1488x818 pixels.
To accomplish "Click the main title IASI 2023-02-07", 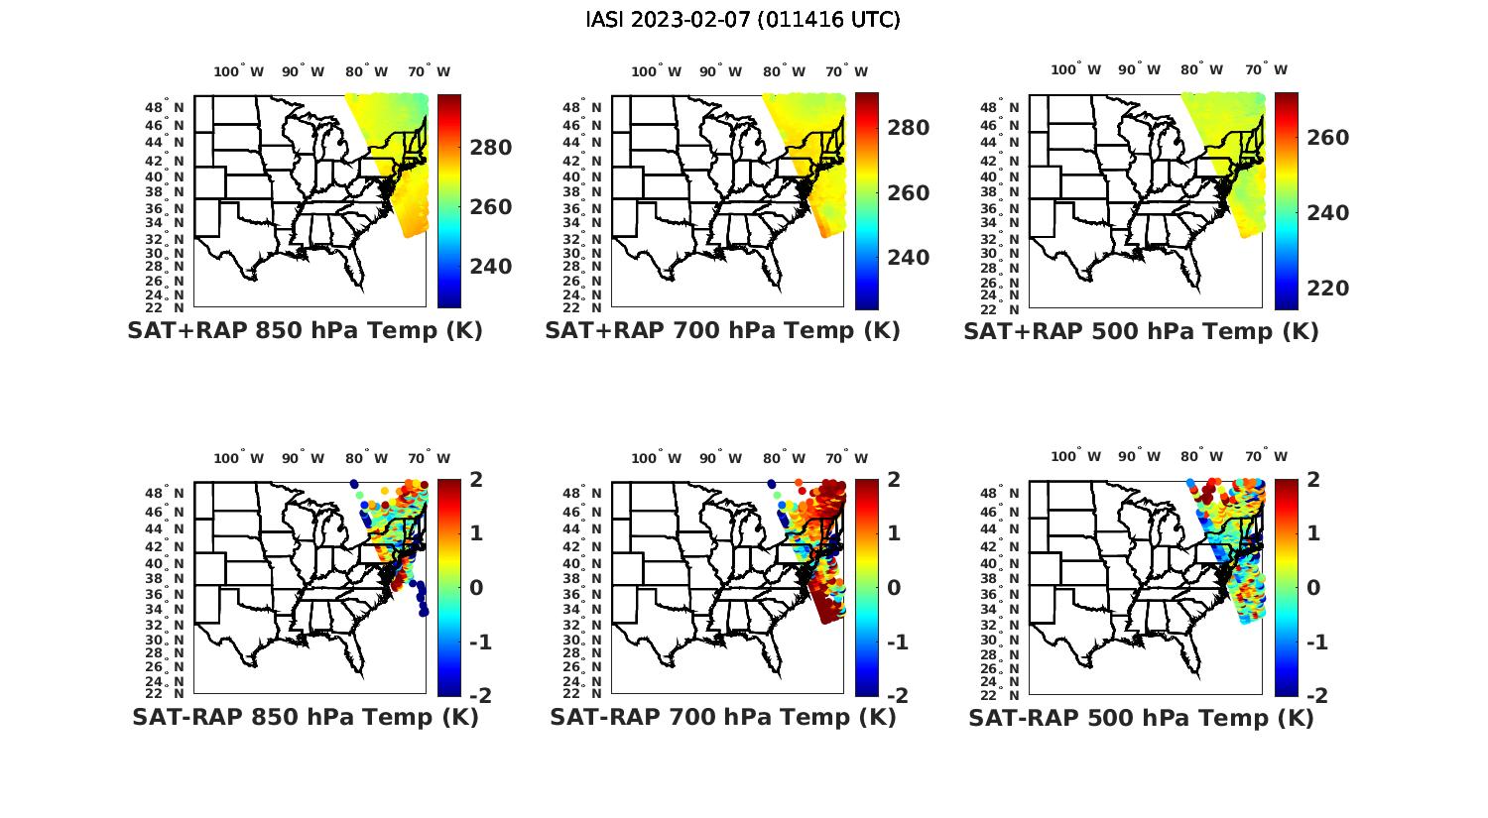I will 743,20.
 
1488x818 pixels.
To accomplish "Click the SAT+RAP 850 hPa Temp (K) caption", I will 305,331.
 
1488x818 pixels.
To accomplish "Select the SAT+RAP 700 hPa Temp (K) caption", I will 722,331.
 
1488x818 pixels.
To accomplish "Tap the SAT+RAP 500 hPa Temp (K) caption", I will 1141,331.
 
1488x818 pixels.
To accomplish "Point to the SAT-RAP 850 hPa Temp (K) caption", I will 305,717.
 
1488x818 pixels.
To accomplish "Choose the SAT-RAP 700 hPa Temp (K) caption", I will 722,717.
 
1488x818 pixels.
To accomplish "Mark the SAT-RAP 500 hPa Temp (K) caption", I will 1141,717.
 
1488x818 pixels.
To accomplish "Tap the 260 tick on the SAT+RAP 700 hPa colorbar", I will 909,193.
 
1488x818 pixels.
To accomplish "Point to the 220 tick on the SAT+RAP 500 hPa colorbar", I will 1328,289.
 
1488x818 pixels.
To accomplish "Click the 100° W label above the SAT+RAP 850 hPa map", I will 239,71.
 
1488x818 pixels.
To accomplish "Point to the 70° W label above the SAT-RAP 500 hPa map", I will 1267,457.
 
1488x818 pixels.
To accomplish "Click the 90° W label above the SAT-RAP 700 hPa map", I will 720,458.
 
